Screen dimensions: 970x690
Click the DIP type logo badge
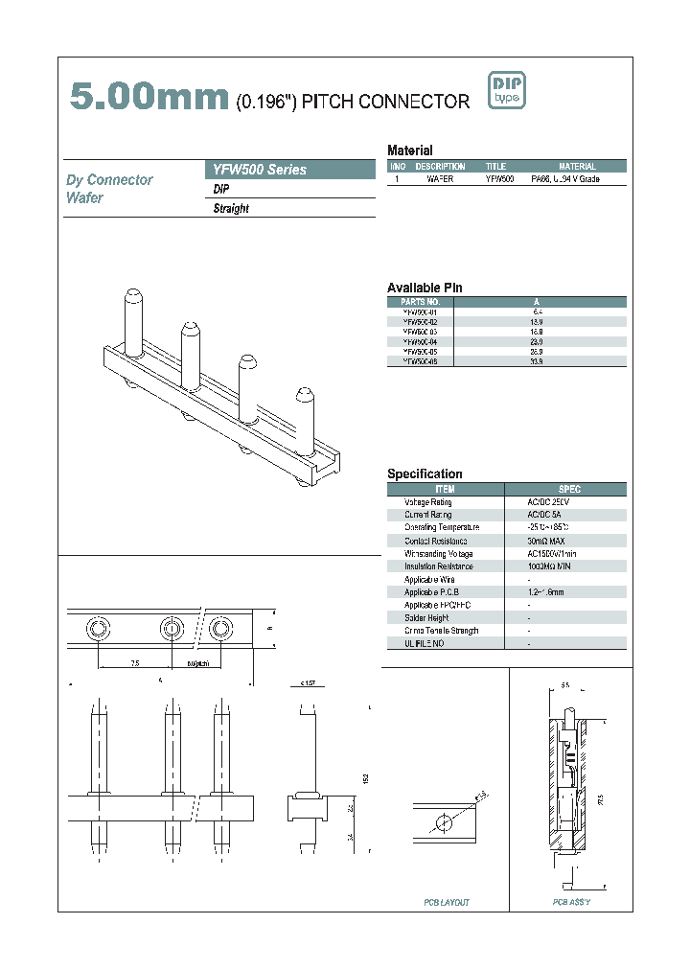[x=506, y=91]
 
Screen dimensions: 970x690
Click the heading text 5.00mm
[x=149, y=97]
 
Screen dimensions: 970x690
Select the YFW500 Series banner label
[x=259, y=170]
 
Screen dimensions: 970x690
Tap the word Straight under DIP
[x=231, y=209]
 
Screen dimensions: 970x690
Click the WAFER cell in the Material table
[x=440, y=179]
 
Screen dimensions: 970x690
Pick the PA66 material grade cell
[x=565, y=179]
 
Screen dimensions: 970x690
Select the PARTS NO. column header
[x=420, y=301]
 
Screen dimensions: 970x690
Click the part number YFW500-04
[x=420, y=341]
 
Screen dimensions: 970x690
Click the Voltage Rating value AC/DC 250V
[x=548, y=502]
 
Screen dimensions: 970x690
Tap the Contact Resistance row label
[x=427, y=542]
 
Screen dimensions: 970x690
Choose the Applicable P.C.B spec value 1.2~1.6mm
[x=545, y=592]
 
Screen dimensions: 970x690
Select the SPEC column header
[x=566, y=489]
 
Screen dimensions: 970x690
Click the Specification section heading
[x=425, y=473]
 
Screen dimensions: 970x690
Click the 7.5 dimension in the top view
[x=134, y=662]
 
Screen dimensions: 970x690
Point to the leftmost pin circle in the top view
[x=97, y=629]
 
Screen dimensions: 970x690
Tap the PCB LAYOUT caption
[x=447, y=902]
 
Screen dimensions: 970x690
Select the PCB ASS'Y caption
[x=571, y=902]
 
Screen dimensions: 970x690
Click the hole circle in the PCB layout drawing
[x=442, y=822]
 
